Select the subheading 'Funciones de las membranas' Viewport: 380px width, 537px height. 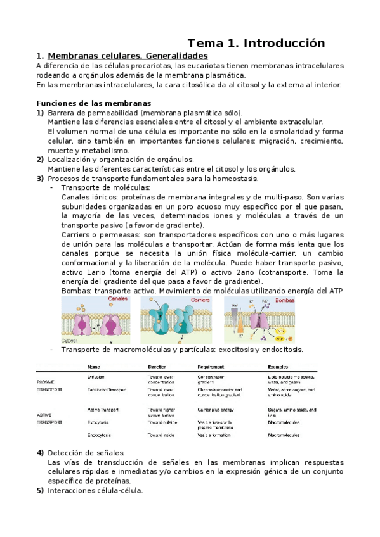[94, 103]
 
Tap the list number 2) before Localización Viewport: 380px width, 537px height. [40, 160]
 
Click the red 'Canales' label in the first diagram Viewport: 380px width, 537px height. [117, 298]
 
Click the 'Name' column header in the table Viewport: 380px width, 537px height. [94, 367]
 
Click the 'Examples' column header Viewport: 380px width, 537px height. [278, 367]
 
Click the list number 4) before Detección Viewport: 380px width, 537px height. [40, 453]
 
